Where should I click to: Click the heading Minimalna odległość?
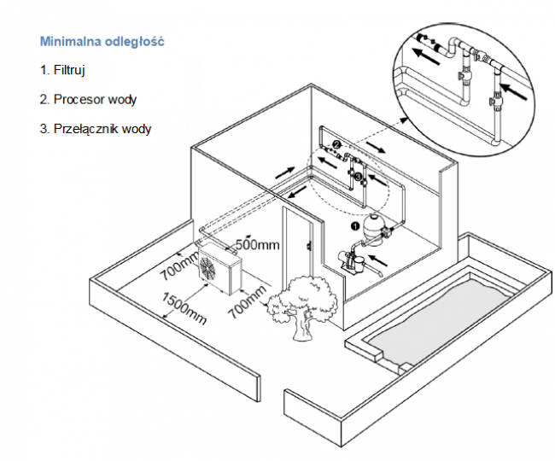102,41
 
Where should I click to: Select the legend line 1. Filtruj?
62,70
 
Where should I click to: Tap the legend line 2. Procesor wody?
88,99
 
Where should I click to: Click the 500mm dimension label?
257,245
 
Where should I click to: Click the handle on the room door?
307,247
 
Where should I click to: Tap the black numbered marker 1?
355,226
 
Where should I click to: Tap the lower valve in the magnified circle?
494,104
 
